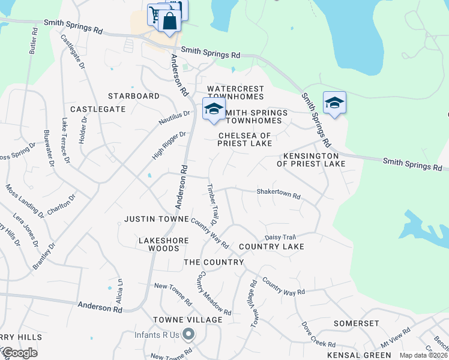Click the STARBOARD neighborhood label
pos(134,96)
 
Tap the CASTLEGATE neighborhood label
pos(98,109)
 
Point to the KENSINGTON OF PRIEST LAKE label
pos(311,160)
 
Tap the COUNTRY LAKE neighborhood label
pos(271,247)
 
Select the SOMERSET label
pos(357,323)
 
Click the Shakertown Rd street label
pos(278,194)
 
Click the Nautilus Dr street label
pos(174,118)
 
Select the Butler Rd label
pos(32,40)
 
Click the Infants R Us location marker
pos(188,334)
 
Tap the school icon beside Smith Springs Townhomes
pos(213,109)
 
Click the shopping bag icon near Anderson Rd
pos(170,22)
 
